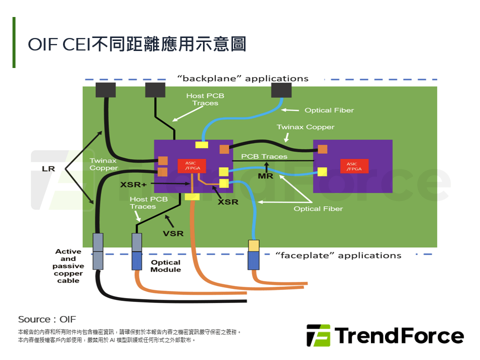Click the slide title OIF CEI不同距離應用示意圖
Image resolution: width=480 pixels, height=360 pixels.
coord(137,43)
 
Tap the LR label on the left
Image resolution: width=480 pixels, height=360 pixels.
coord(48,169)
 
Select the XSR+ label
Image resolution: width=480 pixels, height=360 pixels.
coord(133,184)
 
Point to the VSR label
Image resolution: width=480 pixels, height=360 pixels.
coord(173,233)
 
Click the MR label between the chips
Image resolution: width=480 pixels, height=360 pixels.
coord(264,176)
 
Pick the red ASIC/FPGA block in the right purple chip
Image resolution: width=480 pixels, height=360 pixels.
coord(354,166)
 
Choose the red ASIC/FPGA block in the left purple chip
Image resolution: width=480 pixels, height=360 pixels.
coord(191,165)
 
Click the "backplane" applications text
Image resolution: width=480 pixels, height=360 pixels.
coord(243,78)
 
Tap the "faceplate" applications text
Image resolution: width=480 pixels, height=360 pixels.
coord(338,255)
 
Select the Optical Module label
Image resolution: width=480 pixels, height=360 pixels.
coord(165,266)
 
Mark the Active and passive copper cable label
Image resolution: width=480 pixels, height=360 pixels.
coord(68,266)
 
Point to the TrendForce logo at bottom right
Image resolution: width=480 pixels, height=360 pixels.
coord(384,335)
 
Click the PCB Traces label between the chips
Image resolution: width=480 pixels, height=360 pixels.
coord(264,156)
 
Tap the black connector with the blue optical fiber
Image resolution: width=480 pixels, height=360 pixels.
coord(280,90)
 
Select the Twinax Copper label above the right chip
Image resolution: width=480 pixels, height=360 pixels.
coord(305,127)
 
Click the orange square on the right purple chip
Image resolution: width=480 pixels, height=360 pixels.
coord(322,148)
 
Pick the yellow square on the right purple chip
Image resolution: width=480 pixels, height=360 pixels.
coord(322,172)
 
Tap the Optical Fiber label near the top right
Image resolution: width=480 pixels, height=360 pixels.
coord(329,110)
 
